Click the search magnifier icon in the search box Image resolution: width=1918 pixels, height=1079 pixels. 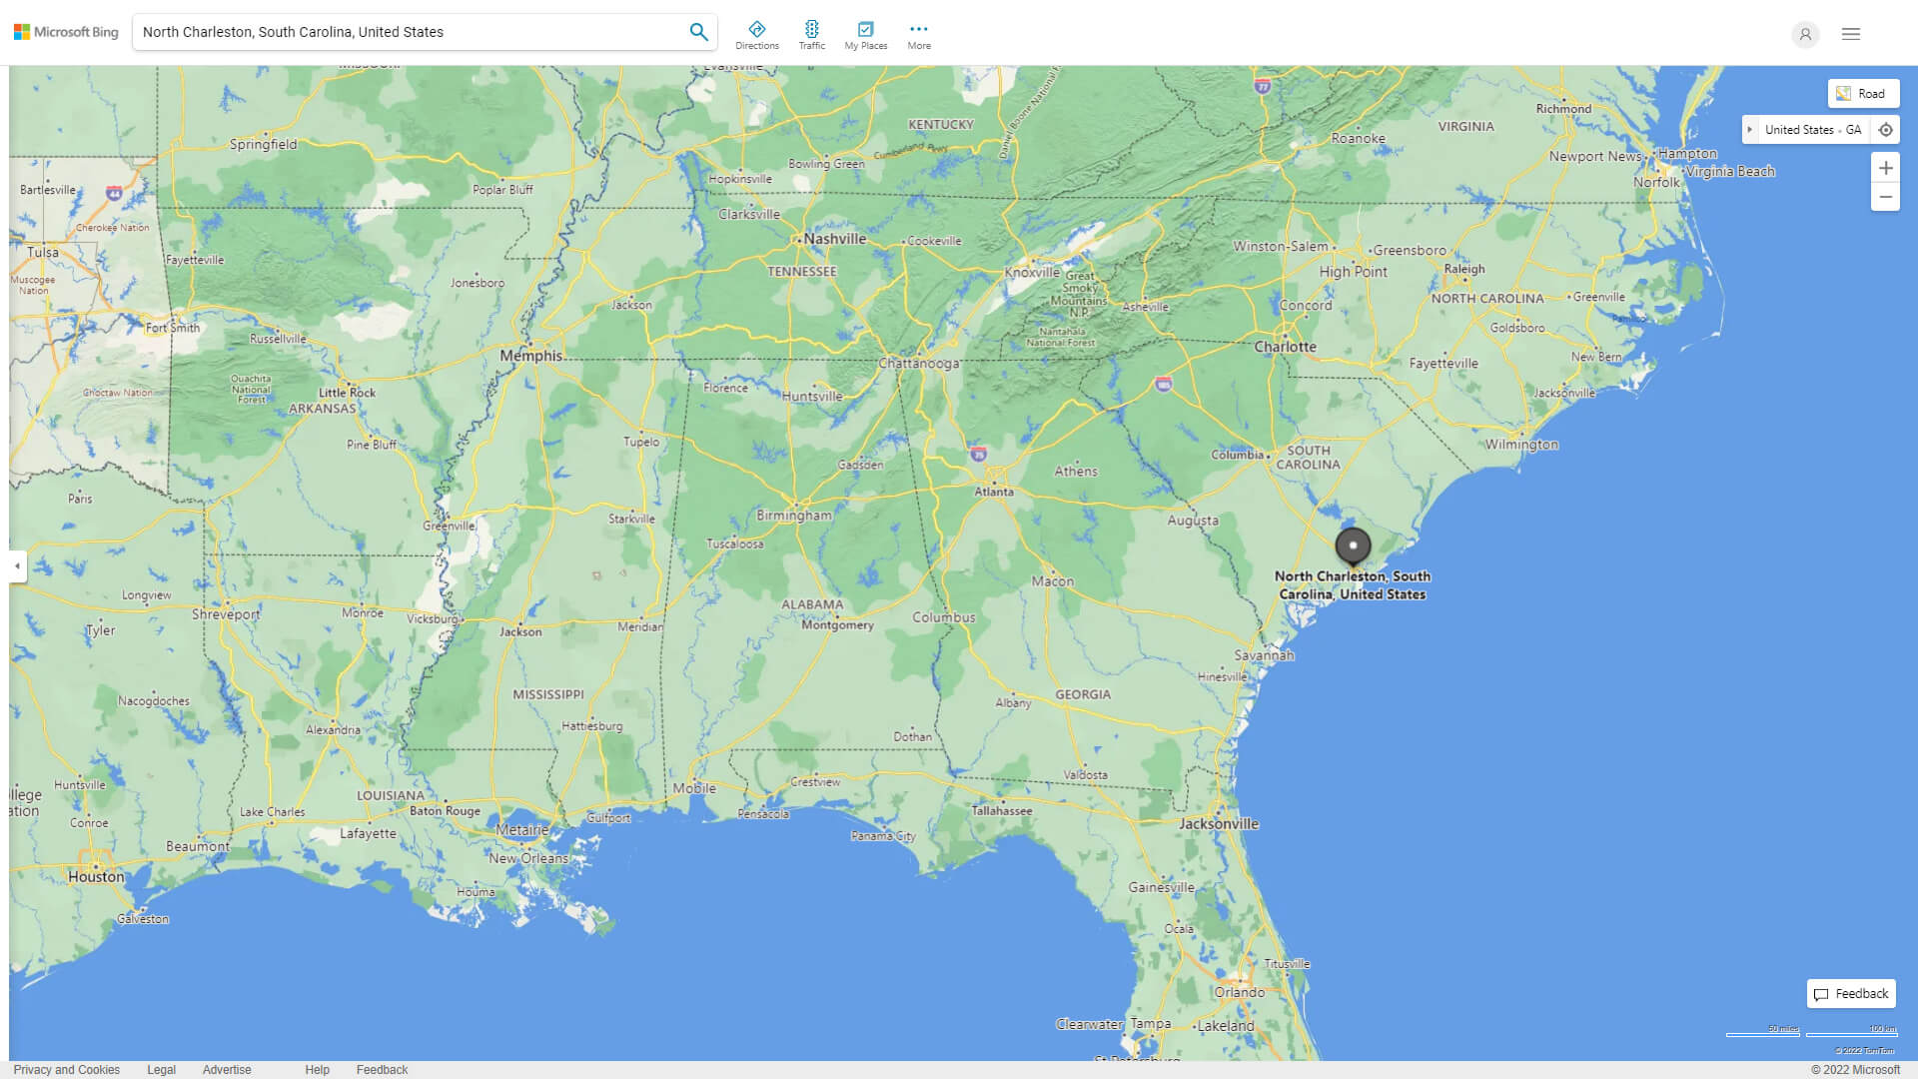[x=698, y=32]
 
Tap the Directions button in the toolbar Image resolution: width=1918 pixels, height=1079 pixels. [x=756, y=35]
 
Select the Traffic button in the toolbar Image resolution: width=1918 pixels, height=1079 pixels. [x=811, y=35]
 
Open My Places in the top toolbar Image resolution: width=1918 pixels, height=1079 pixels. [x=865, y=35]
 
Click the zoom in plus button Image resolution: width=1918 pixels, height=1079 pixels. [x=1885, y=168]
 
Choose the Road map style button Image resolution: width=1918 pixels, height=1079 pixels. [x=1863, y=94]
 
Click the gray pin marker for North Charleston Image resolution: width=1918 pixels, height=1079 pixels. [x=1353, y=545]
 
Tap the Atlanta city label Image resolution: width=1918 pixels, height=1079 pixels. [x=994, y=492]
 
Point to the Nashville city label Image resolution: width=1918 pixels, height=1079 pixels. [x=834, y=239]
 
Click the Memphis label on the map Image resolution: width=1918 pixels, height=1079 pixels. [x=530, y=356]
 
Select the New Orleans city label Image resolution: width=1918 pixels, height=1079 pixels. [x=527, y=858]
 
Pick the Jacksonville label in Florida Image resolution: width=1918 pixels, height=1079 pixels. [x=1218, y=824]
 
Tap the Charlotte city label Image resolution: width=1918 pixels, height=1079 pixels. [x=1285, y=347]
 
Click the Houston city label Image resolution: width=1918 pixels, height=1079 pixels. [x=96, y=877]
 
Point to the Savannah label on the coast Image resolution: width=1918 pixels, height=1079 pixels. [x=1263, y=655]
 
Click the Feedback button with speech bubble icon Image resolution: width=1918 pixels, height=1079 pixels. [x=1851, y=994]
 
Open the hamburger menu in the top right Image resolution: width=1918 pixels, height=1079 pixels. [x=1851, y=34]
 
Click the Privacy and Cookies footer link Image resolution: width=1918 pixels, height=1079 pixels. [x=67, y=1070]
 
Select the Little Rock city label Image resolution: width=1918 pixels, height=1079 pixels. [x=347, y=393]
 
